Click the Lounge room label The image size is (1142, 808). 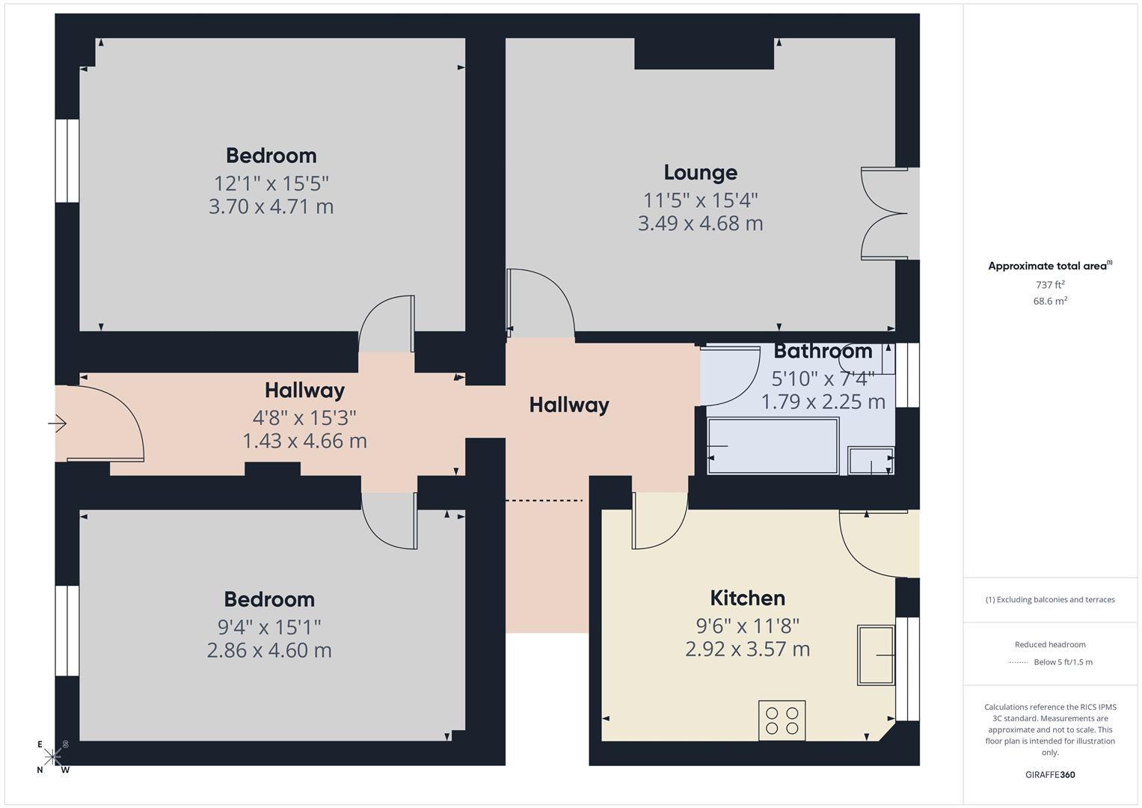click(700, 173)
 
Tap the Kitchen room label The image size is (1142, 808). click(747, 599)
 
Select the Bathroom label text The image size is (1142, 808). click(823, 351)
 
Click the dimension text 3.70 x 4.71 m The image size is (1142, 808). click(271, 206)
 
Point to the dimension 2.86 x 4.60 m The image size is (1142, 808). click(269, 650)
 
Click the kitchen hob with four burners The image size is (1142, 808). click(782, 720)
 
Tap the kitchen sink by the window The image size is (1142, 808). click(876, 655)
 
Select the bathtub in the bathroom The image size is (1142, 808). click(773, 446)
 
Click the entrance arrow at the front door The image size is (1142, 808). click(58, 424)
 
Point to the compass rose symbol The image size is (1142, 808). click(53, 757)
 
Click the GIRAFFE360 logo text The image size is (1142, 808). click(1050, 775)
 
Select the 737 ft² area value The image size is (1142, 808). click(1050, 285)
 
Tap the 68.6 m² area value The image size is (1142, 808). click(1050, 302)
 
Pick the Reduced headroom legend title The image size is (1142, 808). click(1050, 645)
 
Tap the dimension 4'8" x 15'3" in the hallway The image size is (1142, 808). click(304, 417)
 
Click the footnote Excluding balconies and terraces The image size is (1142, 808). click(1050, 600)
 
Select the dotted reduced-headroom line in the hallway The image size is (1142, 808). click(544, 501)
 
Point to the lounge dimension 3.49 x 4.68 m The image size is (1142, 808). click(700, 224)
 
